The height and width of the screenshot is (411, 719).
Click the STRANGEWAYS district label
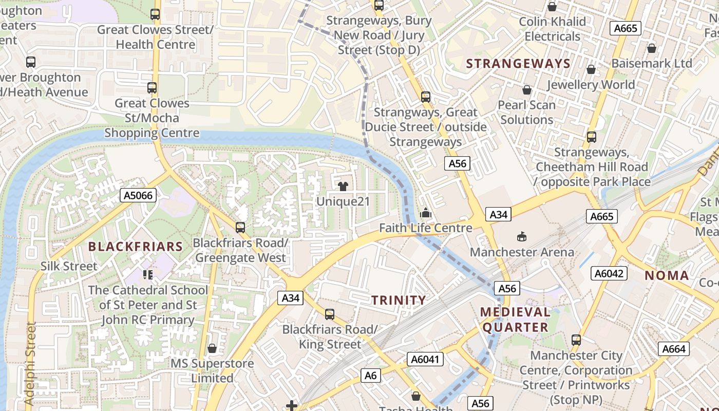coord(518,64)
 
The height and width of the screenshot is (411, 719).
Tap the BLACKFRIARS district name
coord(136,247)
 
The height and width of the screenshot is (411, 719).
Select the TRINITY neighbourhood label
coord(399,300)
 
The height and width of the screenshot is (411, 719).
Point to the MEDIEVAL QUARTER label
coord(515,320)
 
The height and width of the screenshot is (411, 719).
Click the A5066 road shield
coord(138,195)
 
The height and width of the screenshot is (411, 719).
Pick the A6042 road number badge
coord(609,273)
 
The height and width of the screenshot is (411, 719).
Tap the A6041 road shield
coord(425,359)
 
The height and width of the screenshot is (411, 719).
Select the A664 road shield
coord(674,349)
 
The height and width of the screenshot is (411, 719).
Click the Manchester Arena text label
coord(522,252)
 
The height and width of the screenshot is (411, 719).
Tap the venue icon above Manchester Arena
coord(522,236)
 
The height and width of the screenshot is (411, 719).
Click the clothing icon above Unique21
coord(343,186)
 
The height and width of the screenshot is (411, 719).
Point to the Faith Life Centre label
coord(425,228)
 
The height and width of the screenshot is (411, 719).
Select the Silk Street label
coord(69,266)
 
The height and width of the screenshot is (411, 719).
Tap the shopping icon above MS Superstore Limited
coord(212,349)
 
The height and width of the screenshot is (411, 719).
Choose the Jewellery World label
coord(591,84)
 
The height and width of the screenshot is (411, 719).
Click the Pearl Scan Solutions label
coord(526,113)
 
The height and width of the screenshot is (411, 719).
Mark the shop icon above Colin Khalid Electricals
coord(552,7)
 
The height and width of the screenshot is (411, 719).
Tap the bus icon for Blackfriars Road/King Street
coord(330,314)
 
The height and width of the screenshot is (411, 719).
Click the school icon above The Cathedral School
coord(148,275)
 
